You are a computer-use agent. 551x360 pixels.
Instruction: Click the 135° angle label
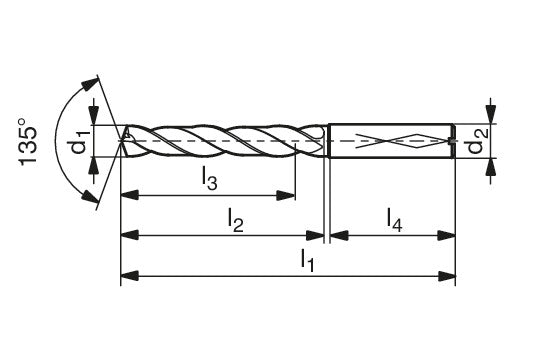(28, 142)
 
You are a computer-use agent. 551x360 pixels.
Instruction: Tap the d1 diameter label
(80, 141)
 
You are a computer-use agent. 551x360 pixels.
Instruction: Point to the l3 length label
(209, 178)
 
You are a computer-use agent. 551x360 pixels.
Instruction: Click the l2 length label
(235, 220)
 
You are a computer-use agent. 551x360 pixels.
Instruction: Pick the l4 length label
(394, 220)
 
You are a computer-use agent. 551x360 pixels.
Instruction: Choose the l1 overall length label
(307, 260)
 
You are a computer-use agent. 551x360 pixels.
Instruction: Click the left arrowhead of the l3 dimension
(130, 195)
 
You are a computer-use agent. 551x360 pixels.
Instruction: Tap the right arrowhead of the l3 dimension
(286, 195)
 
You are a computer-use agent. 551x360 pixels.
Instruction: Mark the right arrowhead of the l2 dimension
(315, 236)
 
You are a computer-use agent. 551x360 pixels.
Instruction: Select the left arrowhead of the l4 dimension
(339, 236)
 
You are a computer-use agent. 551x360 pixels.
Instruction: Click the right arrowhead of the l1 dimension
(446, 276)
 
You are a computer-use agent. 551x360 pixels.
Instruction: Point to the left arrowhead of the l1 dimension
(130, 276)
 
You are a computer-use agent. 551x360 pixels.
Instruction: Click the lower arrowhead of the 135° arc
(90, 197)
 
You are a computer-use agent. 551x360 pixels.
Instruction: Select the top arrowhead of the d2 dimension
(491, 115)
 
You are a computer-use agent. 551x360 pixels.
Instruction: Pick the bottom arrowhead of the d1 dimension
(93, 166)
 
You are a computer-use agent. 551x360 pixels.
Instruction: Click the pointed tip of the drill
(121, 141)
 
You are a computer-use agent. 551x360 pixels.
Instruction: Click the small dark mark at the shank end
(452, 141)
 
